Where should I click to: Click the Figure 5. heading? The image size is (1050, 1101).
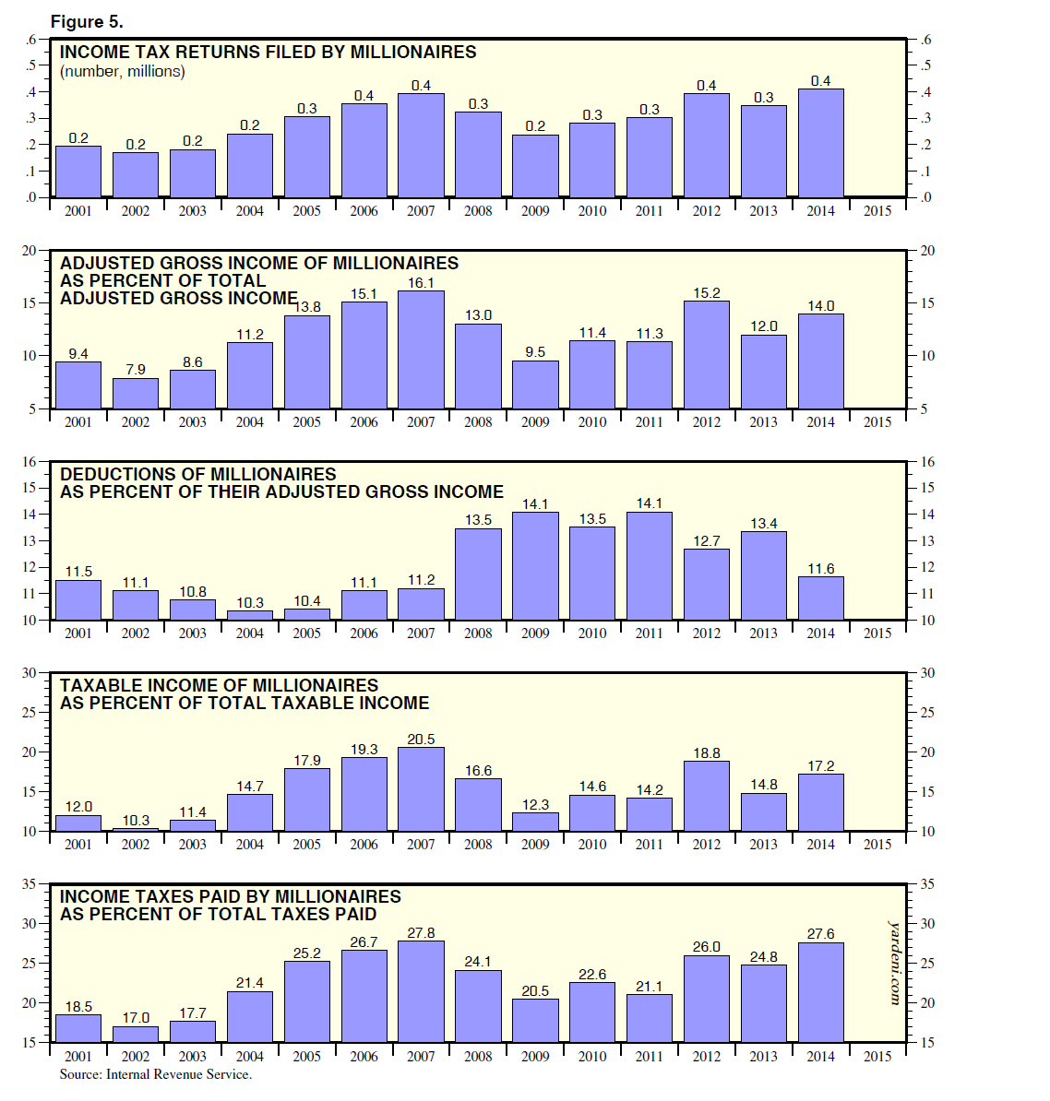click(x=87, y=21)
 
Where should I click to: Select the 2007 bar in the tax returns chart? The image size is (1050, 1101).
click(x=421, y=145)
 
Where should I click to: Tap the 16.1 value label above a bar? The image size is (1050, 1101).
click(x=421, y=283)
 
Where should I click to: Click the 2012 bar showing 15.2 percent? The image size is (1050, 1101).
click(x=707, y=355)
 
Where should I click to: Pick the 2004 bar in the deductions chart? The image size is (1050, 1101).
click(x=250, y=615)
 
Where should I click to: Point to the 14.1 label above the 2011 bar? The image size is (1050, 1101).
click(x=650, y=503)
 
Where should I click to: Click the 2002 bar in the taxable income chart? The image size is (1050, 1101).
click(x=136, y=829)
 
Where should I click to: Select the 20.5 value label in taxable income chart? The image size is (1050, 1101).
click(x=421, y=740)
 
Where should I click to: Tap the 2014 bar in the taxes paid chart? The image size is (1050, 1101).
click(x=821, y=992)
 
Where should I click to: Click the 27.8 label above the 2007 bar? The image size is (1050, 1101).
click(x=421, y=933)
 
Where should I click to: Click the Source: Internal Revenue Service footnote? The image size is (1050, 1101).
click(x=155, y=1074)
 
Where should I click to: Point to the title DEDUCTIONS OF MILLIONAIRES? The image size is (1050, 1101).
click(x=198, y=474)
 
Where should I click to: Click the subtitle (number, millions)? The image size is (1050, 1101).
click(x=123, y=71)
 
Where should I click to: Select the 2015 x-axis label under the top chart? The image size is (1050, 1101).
click(x=877, y=211)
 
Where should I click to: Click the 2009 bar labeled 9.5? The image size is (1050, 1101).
click(x=535, y=385)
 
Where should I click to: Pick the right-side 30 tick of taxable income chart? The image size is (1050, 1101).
click(x=927, y=673)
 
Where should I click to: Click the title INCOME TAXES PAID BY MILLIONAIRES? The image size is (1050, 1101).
click(x=231, y=896)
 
